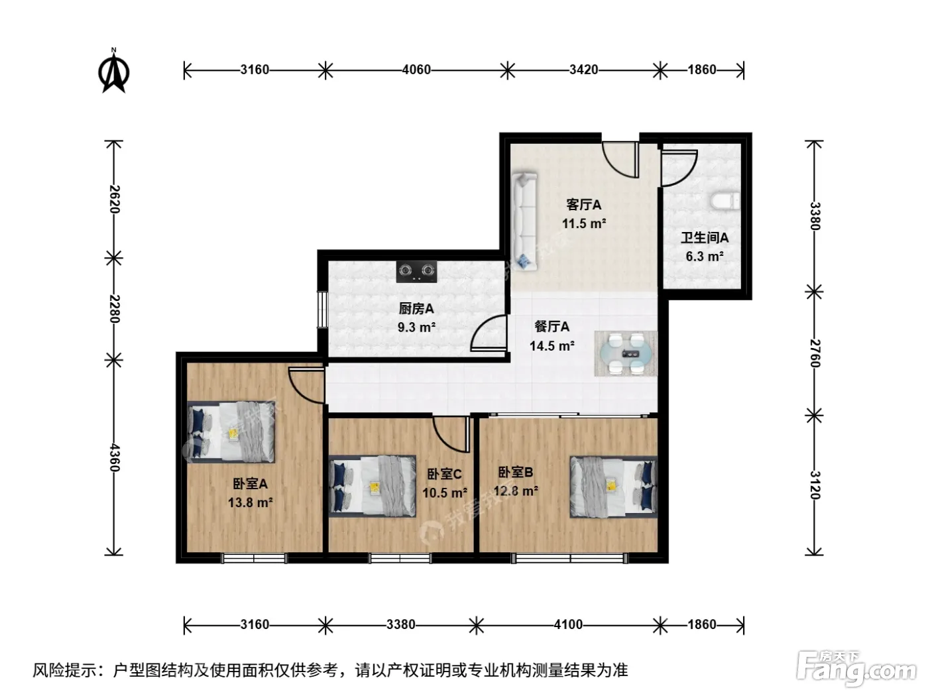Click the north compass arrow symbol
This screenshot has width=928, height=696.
click(114, 71)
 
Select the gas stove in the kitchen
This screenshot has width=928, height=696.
click(416, 271)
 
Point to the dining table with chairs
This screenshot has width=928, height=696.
click(626, 353)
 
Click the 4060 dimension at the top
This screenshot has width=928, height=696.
click(416, 70)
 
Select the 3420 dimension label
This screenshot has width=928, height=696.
click(583, 70)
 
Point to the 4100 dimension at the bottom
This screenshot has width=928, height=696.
click(568, 624)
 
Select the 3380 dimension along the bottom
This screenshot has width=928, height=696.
click(400, 624)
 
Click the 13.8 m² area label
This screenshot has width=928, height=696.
click(251, 502)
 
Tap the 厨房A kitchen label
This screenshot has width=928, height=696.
click(416, 309)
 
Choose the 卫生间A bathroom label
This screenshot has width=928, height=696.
click(705, 238)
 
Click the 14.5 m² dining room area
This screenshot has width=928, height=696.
click(551, 345)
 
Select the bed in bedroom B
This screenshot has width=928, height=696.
click(613, 487)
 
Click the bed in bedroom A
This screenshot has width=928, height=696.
click(231, 432)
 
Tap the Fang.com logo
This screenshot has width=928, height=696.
click(856, 668)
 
